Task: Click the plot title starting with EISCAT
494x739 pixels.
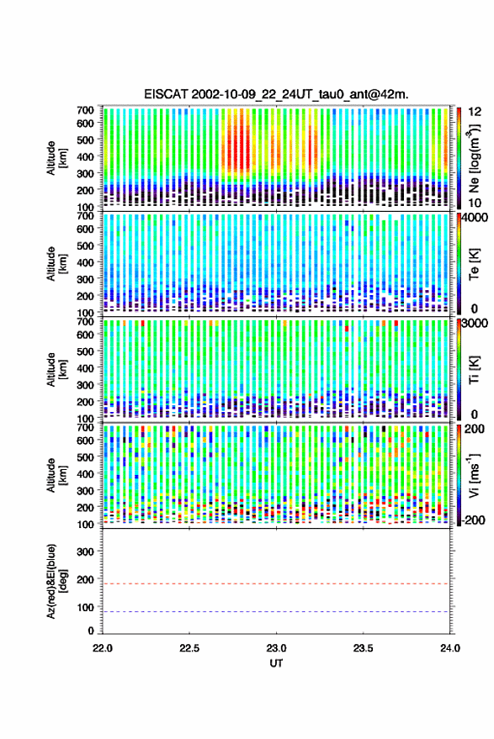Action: click(x=277, y=94)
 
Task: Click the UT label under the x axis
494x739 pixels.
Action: click(x=276, y=663)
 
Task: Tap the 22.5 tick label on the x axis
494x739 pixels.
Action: click(x=189, y=648)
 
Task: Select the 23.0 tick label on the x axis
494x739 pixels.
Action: click(x=276, y=648)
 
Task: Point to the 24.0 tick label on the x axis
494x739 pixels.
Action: click(x=449, y=648)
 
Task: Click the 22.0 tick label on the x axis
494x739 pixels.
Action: click(x=103, y=648)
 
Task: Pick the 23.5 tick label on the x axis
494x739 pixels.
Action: click(x=363, y=648)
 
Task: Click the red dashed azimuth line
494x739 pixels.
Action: click(x=276, y=583)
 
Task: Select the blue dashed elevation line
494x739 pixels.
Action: click(x=276, y=612)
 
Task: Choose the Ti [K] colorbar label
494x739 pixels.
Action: click(x=474, y=370)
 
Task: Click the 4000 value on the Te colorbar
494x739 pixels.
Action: click(x=475, y=219)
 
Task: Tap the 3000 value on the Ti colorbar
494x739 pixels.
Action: click(x=475, y=324)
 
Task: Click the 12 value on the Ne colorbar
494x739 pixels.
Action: click(x=475, y=112)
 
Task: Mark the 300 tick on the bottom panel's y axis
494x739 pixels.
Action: click(x=85, y=552)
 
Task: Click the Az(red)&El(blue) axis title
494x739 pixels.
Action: click(x=56, y=581)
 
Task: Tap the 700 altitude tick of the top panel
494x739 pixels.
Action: click(x=85, y=110)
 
